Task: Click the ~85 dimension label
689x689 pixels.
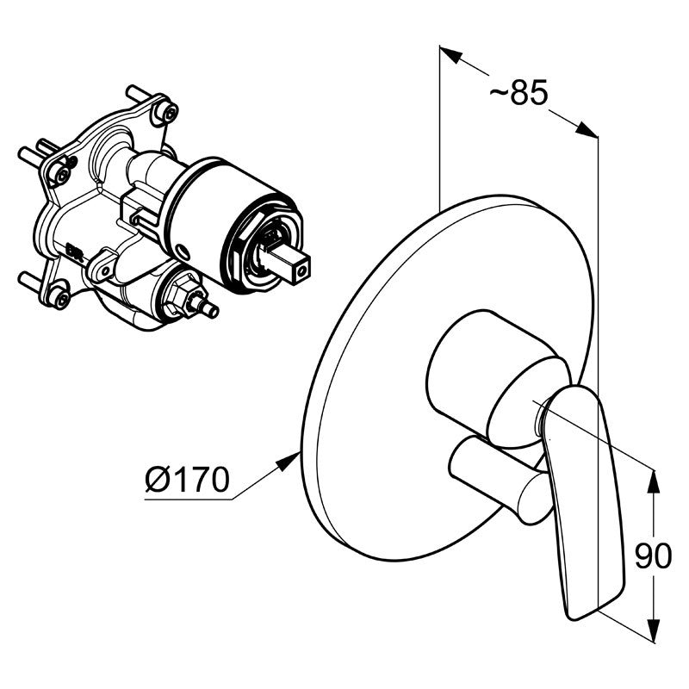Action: [x=519, y=93]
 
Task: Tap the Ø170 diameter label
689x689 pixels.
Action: [x=187, y=479]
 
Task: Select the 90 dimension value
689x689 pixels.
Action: [x=654, y=556]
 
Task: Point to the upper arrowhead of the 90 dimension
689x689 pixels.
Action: [x=655, y=482]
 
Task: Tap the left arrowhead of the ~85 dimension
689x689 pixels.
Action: [x=451, y=54]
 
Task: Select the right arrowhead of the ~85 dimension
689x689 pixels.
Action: [x=587, y=129]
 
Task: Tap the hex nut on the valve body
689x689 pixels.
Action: [x=183, y=297]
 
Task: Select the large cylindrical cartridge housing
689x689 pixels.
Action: [x=233, y=224]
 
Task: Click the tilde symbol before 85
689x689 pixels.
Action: [x=499, y=93]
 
